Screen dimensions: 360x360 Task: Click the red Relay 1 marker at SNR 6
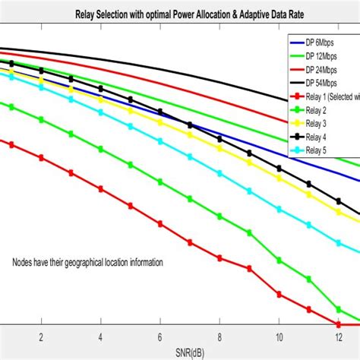159,223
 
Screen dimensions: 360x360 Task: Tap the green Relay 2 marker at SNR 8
219,216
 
